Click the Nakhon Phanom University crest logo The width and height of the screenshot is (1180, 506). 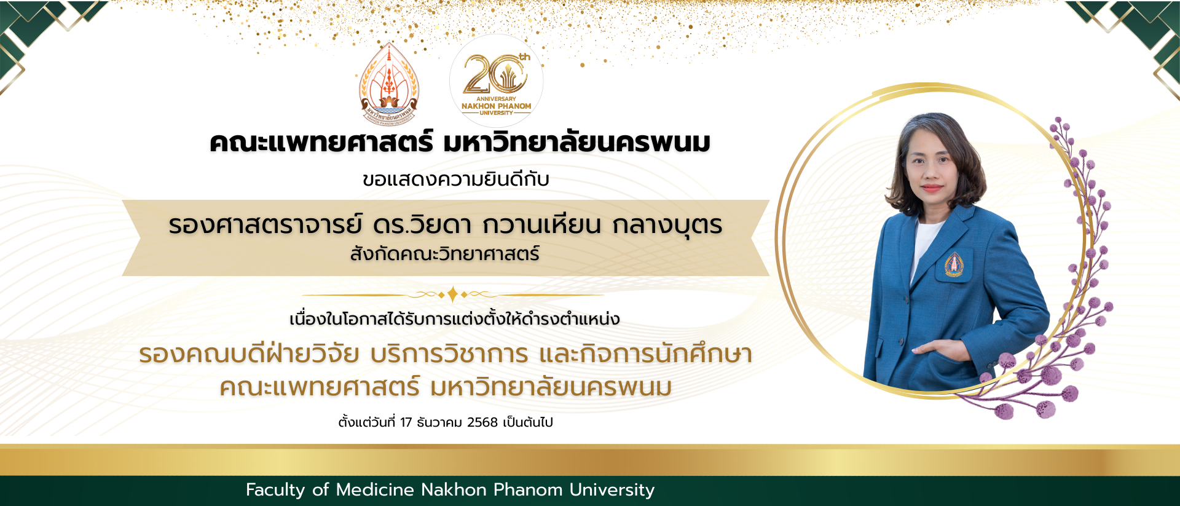pyautogui.click(x=388, y=83)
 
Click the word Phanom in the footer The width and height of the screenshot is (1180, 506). pyautogui.click(x=528, y=490)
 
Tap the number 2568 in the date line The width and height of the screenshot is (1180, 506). pyautogui.click(x=482, y=422)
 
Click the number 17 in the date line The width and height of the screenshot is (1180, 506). pyautogui.click(x=406, y=422)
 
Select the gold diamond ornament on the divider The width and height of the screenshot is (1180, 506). pyautogui.click(x=453, y=295)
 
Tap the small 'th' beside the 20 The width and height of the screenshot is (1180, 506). pyautogui.click(x=524, y=57)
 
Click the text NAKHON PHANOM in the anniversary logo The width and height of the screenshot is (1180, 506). pyautogui.click(x=496, y=106)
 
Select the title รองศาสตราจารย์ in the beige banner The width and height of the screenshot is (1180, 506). pyautogui.click(x=265, y=225)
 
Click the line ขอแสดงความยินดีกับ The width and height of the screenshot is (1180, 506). pyautogui.click(x=455, y=180)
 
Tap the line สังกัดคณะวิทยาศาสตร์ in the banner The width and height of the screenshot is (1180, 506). pyautogui.click(x=445, y=254)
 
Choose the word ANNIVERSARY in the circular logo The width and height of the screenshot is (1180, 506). pyautogui.click(x=496, y=98)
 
